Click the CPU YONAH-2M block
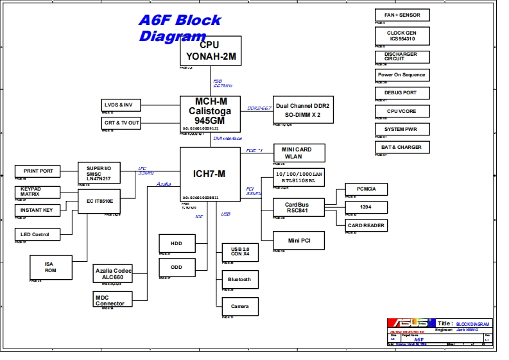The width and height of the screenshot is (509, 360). (x=210, y=50)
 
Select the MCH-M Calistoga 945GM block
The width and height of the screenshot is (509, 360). (x=210, y=110)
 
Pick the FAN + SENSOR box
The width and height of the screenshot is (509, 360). (x=402, y=15)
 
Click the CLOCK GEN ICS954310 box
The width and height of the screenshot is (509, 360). (x=402, y=35)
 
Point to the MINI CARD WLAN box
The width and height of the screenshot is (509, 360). (x=299, y=153)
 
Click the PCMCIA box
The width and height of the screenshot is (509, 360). (x=365, y=189)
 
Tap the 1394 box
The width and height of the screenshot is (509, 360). (x=365, y=207)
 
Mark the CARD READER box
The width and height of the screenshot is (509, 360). (x=366, y=225)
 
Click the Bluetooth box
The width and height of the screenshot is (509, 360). (x=239, y=280)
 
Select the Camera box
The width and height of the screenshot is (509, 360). (x=239, y=306)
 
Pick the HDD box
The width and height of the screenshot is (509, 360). (x=177, y=244)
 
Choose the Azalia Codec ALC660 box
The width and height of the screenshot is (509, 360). (x=113, y=274)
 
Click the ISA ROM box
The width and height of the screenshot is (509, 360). (x=50, y=267)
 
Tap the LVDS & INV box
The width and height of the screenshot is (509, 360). (x=121, y=105)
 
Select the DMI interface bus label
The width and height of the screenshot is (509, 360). (x=228, y=138)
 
